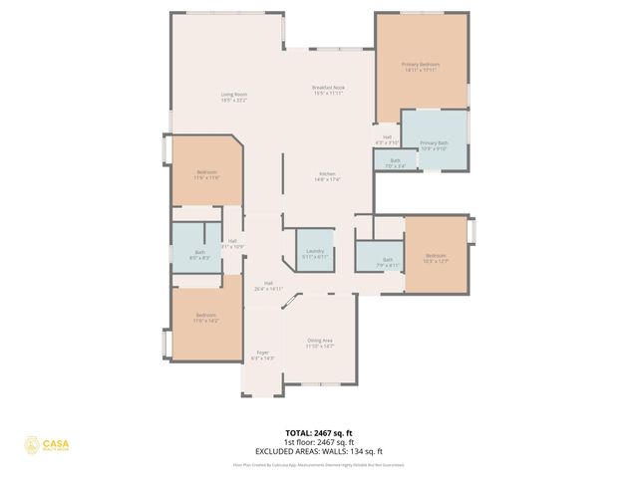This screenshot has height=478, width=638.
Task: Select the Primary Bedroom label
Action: (421, 67)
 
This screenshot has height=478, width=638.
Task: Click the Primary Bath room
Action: (434, 145)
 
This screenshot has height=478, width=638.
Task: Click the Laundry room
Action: (315, 253)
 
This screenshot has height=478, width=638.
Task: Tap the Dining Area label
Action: (320, 344)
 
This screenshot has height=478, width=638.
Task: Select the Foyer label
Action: (263, 355)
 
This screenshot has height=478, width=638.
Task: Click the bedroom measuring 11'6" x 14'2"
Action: (204, 319)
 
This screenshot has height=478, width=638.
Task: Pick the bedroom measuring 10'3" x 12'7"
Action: (437, 257)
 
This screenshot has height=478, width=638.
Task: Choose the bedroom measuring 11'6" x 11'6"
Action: (205, 174)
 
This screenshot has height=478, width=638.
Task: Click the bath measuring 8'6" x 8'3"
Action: (200, 254)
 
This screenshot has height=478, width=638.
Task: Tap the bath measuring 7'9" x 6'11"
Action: (388, 262)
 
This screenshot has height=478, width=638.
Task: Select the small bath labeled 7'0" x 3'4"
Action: (396, 162)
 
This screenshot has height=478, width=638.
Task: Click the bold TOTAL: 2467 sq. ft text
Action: (320, 433)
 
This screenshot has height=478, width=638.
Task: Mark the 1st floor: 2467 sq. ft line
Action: (320, 440)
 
